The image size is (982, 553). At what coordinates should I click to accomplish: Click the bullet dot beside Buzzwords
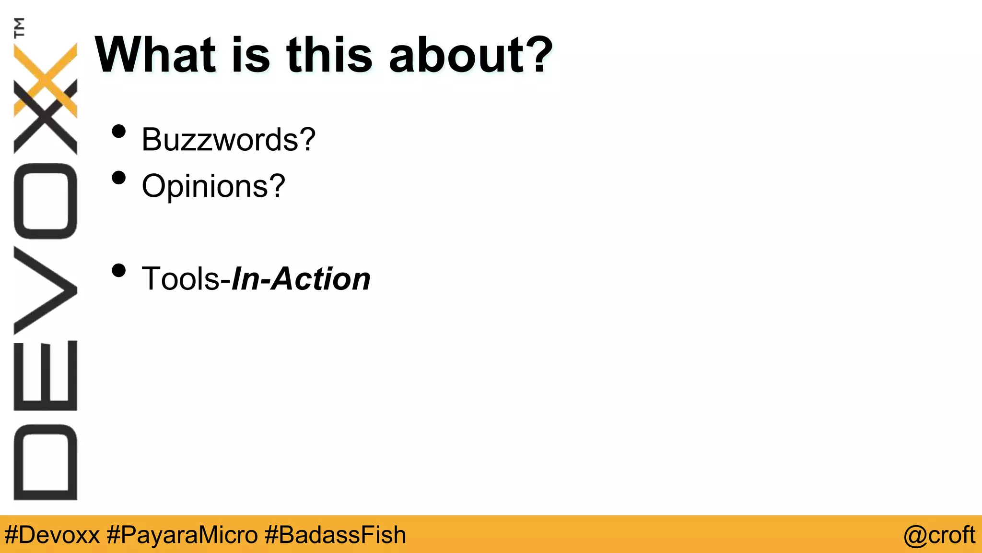click(x=118, y=132)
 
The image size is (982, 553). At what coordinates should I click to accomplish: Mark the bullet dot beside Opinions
click(x=118, y=178)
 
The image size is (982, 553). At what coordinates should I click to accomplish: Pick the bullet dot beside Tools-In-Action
click(x=118, y=271)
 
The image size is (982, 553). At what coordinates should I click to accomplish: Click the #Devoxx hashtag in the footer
click(x=52, y=535)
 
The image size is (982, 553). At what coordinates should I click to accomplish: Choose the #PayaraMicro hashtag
click(x=182, y=535)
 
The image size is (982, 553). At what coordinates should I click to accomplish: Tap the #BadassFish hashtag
click(x=335, y=535)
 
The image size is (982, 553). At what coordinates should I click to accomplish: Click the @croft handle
click(x=939, y=535)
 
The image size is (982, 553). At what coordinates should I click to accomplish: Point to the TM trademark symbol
click(x=20, y=27)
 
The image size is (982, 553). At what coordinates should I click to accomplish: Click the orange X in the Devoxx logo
click(x=46, y=80)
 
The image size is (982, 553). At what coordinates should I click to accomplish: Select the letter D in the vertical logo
click(x=46, y=462)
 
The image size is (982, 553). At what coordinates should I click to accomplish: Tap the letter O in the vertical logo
click(x=46, y=201)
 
